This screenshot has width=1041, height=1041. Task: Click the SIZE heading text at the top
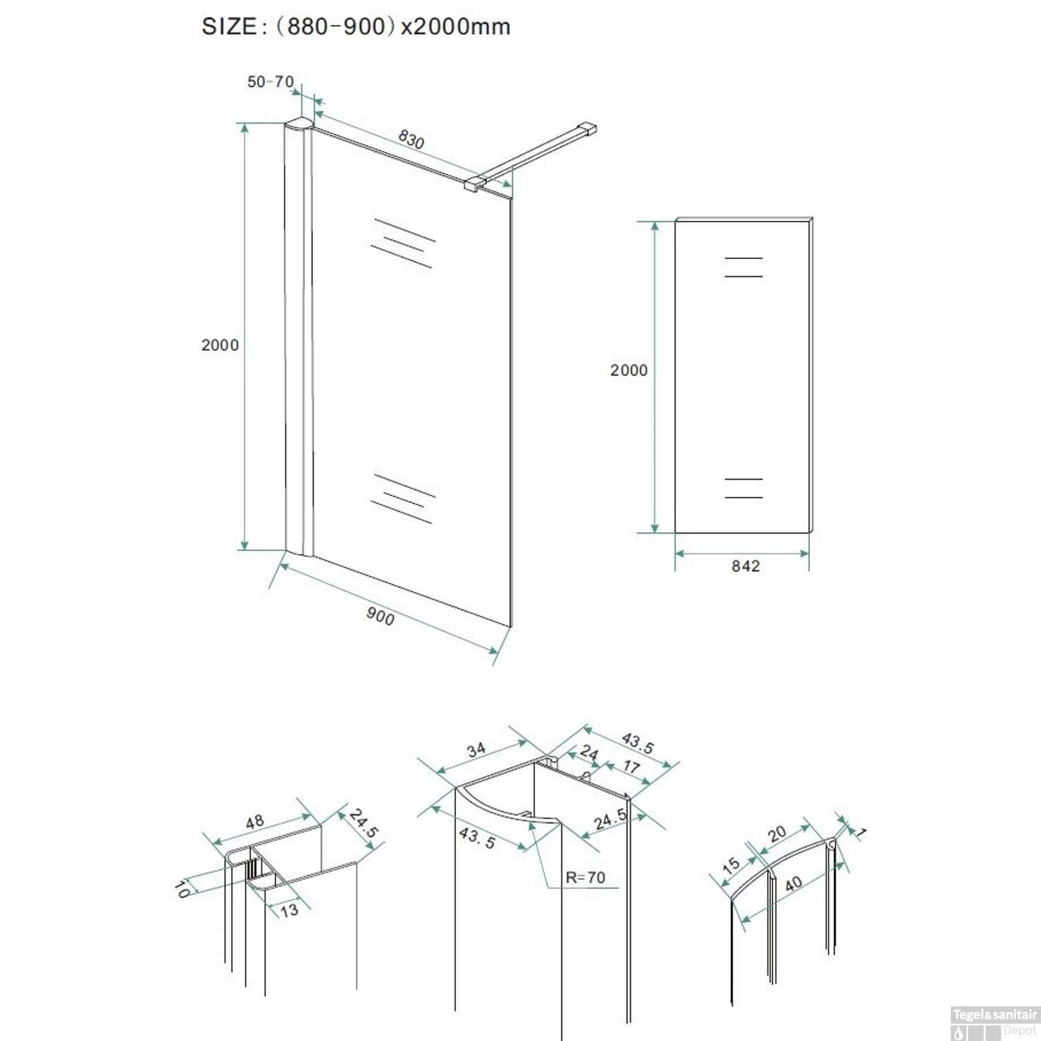[356, 26]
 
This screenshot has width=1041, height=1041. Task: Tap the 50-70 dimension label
[271, 82]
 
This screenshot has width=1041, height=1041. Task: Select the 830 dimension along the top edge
[411, 139]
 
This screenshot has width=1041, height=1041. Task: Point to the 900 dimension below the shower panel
[380, 616]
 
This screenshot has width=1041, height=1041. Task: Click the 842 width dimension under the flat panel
[745, 566]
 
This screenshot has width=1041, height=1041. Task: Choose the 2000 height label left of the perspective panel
[220, 345]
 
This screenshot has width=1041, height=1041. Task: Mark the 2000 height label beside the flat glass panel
[629, 371]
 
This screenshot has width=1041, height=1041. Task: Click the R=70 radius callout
[585, 877]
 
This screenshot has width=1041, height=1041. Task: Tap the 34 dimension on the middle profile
[476, 750]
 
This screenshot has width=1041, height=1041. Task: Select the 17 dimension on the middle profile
[631, 766]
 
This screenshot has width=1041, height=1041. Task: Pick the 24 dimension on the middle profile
[589, 752]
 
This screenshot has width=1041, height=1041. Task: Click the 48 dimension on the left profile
[255, 822]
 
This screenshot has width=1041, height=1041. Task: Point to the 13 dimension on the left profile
[289, 910]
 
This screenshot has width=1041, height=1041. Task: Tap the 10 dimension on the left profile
[182, 888]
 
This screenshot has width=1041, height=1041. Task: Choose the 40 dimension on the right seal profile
[793, 883]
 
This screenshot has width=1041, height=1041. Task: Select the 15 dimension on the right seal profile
[731, 865]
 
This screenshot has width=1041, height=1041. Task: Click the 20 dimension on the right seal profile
[777, 833]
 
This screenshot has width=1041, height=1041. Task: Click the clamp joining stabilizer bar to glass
[474, 184]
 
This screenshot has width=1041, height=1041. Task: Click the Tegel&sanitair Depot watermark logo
[995, 1023]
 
